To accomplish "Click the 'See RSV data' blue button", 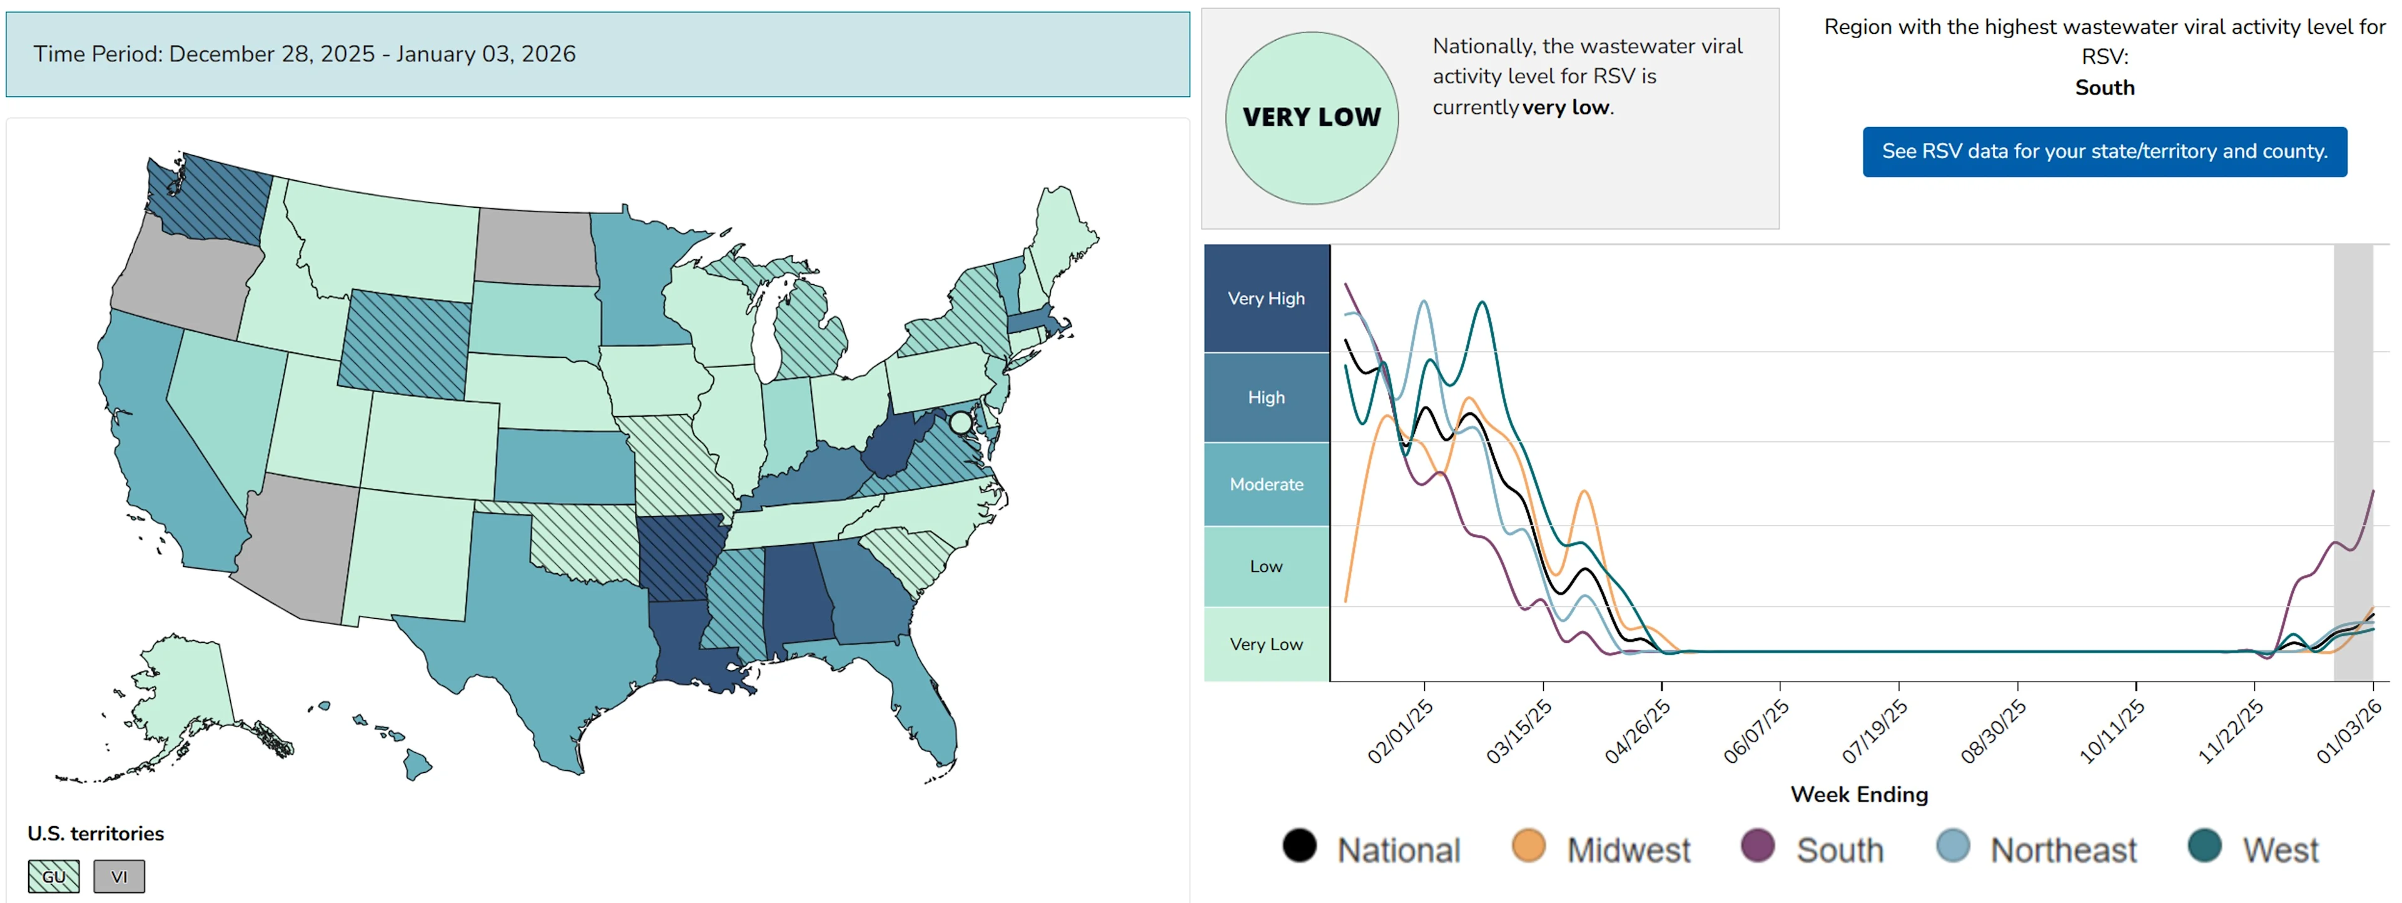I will pos(2104,151).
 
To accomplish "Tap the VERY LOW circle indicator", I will pos(1311,118).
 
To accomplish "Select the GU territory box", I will pos(53,876).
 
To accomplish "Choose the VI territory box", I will pos(118,876).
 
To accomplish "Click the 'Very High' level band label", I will pos(1265,298).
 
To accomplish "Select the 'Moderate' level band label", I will pos(1265,484).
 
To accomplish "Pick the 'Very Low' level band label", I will pos(1265,644).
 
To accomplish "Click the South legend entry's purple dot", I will pos(1758,845).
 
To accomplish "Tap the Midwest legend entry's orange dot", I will pos(1528,845).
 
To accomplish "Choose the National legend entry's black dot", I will pos(1299,845).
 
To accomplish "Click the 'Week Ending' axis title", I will pos(1858,794).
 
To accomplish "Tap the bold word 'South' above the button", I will pos(2104,88).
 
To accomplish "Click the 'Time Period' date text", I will pos(305,54).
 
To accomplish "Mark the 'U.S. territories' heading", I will pos(95,833).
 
